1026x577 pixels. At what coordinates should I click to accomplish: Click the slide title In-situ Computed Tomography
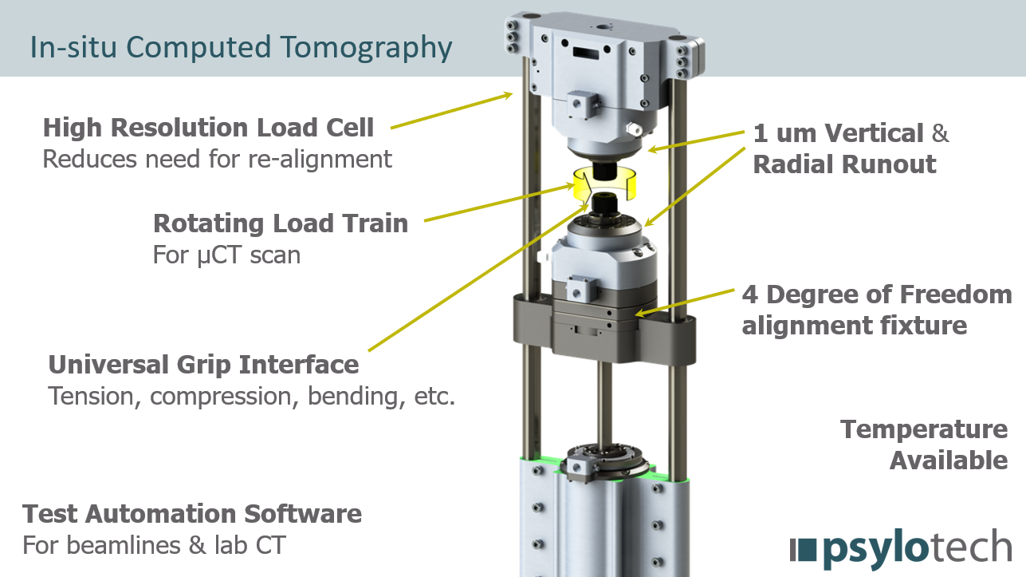pos(241,48)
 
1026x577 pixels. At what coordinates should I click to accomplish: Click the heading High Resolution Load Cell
pos(208,128)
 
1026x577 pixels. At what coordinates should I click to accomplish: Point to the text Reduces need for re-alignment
pos(217,159)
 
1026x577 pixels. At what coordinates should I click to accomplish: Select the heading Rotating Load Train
pos(281,223)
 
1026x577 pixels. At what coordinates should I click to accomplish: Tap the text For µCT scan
pos(226,255)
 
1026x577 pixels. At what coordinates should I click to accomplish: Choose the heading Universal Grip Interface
pos(203,365)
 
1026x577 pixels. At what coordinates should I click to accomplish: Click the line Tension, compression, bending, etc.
pos(251,397)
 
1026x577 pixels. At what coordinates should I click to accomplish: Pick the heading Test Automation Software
pos(192,514)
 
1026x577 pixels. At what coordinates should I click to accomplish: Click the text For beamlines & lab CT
pos(154,545)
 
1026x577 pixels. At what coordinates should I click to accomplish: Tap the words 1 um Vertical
pos(838,133)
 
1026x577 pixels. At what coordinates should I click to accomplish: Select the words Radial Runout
pos(844,164)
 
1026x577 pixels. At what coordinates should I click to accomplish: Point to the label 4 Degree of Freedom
pos(877,294)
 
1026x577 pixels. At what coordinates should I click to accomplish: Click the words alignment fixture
pos(855,326)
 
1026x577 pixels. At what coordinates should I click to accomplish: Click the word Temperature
pos(924,430)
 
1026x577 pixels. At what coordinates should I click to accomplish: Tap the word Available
pos(949,460)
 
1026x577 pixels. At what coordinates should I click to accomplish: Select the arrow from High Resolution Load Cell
pos(451,111)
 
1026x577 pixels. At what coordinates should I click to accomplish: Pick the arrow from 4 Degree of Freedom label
pos(684,302)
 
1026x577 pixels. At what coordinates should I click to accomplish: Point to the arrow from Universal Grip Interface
pos(478,278)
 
